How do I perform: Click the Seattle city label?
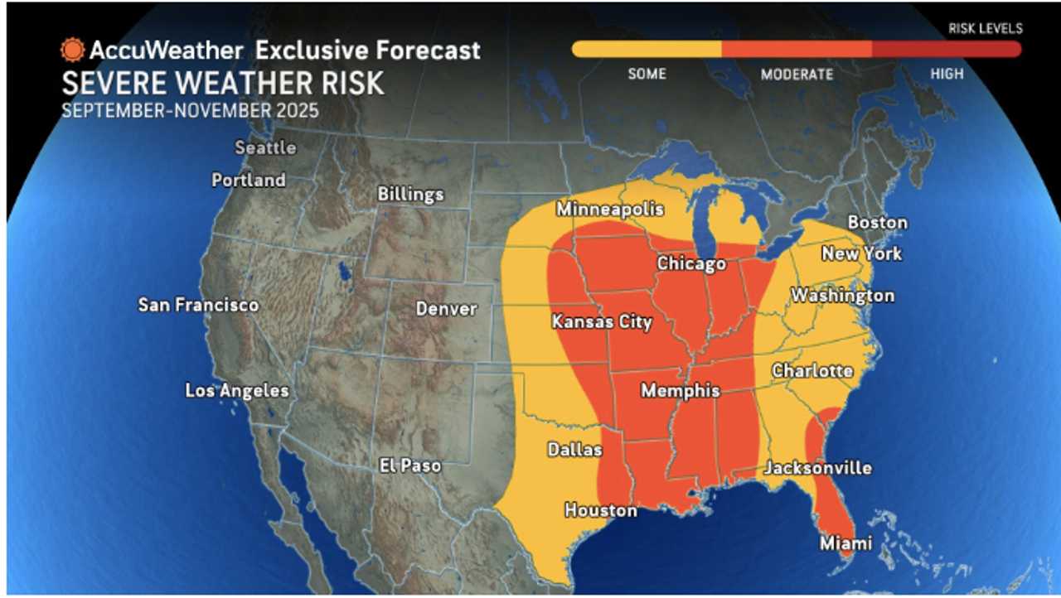264,147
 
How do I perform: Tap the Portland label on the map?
248,180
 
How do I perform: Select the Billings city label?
410,194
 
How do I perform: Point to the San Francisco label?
198,305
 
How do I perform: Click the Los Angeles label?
236,391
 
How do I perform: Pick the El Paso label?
409,465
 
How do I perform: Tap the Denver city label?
446,309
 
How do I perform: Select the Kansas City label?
602,322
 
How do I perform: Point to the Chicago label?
691,263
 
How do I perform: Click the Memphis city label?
680,390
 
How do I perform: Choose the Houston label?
601,510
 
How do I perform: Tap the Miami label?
845,543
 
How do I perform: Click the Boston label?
877,223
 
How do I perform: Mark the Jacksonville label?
817,468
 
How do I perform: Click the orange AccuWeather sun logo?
73,51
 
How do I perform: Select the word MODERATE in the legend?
797,75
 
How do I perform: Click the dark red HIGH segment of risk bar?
946,50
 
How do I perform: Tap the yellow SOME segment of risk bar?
647,50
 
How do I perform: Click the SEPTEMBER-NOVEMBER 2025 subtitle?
190,110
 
